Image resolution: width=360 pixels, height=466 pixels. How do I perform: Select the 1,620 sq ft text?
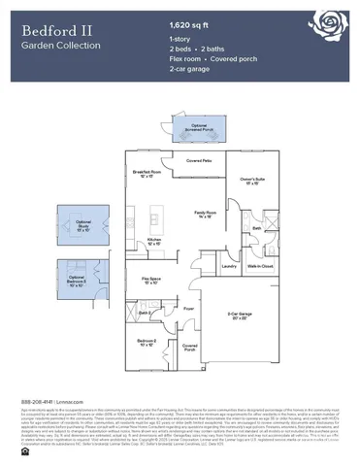[190, 23]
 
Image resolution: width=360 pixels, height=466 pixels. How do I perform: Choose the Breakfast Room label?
[147, 175]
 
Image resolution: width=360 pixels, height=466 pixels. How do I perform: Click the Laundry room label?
[229, 266]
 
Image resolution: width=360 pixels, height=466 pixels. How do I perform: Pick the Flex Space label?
[152, 281]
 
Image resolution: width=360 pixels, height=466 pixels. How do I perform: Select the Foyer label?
[188, 310]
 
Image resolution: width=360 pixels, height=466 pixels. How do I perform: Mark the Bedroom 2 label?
[147, 343]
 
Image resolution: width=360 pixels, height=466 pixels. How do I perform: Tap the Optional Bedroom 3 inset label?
[83, 283]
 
